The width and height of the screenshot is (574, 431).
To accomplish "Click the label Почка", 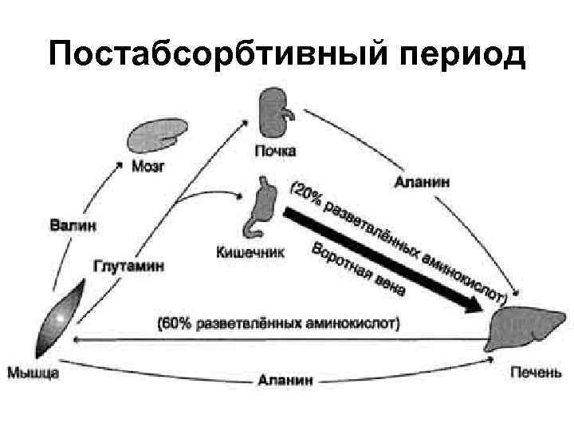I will [x=275, y=150].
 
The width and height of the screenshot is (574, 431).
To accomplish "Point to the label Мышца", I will [x=34, y=371].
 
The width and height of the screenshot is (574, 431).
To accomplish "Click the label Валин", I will [x=73, y=226].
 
